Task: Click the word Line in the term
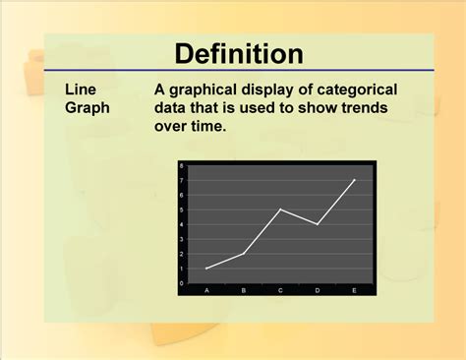(81, 89)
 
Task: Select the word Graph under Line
(88, 107)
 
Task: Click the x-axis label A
(206, 290)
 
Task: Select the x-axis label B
(244, 290)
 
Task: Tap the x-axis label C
(280, 290)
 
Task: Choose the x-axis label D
(317, 290)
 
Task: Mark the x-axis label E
(354, 290)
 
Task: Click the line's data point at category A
(206, 269)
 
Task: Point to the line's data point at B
(244, 254)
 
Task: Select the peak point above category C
(280, 210)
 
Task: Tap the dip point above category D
(317, 224)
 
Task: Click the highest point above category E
(354, 180)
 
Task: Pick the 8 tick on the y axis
(182, 166)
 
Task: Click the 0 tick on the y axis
(182, 283)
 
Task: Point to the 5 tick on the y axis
(182, 210)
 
